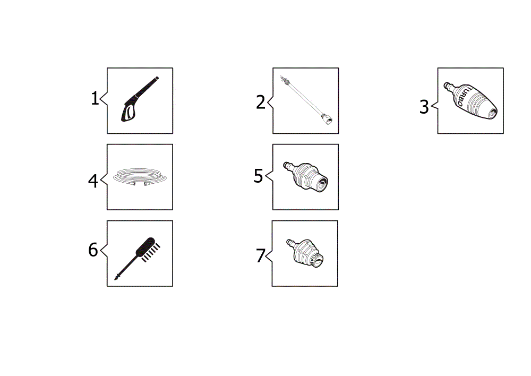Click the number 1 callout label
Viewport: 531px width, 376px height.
(95, 98)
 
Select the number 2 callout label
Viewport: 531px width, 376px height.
(260, 102)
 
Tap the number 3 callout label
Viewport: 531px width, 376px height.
(424, 107)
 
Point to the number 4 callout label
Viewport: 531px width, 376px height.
(93, 181)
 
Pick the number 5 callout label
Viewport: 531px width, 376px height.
(258, 176)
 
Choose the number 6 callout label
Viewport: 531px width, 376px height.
(93, 250)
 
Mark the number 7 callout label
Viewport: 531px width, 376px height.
(260, 255)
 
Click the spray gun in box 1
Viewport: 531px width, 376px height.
(140, 99)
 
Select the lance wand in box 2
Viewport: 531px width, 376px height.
(306, 100)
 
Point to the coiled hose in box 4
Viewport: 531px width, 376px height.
(140, 177)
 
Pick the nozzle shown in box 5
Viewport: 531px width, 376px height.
(305, 177)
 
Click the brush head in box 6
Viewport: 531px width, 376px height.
(148, 249)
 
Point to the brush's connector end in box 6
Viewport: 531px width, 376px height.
(117, 277)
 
